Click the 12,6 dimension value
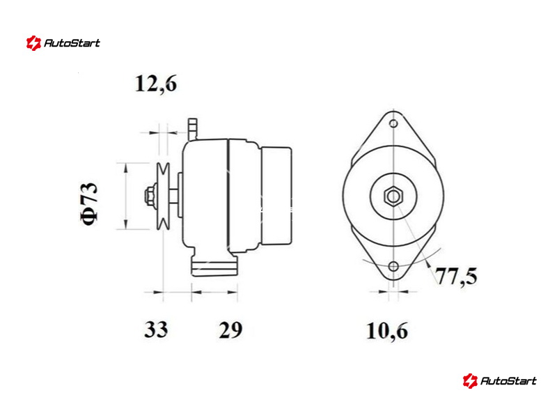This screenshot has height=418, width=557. coord(155,84)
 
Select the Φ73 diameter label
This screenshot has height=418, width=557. coord(89,204)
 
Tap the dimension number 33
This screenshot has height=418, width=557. coord(155,330)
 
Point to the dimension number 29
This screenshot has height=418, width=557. coord(230,330)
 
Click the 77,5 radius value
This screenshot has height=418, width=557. coord(457,276)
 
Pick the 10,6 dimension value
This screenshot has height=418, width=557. coord(387,331)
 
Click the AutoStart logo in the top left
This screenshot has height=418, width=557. coord(63,43)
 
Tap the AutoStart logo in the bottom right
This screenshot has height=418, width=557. coord(500,380)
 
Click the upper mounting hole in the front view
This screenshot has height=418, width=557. coord(393,124)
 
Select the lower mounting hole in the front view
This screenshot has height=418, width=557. coord(393,266)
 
